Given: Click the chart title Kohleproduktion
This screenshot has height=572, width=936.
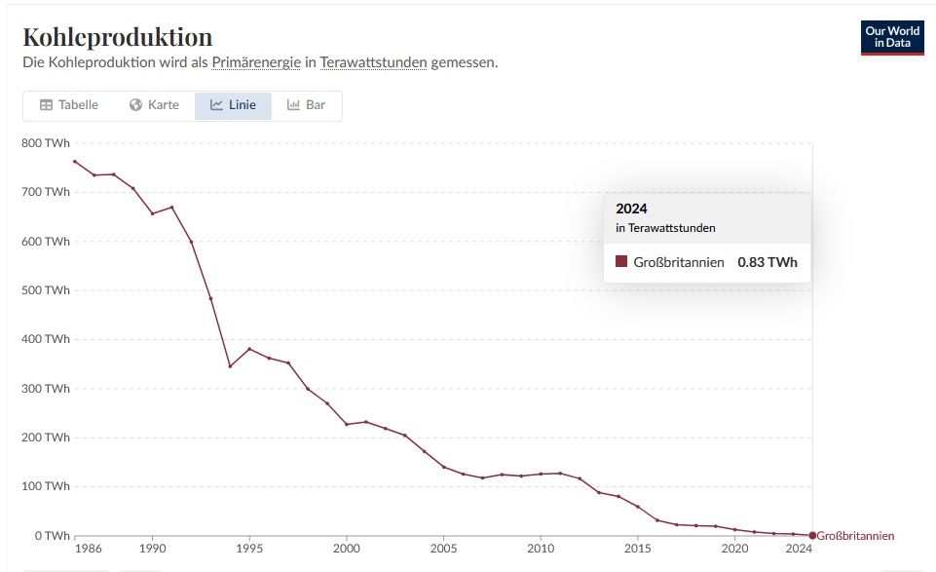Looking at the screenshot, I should [x=117, y=37].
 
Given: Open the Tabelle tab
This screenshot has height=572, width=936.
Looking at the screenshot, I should [x=68, y=105].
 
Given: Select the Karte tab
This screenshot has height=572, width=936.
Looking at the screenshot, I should [x=154, y=105].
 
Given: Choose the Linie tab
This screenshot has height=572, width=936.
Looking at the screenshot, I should [x=233, y=105].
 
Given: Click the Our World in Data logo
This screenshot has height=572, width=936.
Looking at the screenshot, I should [x=892, y=37].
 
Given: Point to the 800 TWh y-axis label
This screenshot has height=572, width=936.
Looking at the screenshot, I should [x=45, y=143].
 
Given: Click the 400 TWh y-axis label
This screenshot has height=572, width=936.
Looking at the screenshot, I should [x=45, y=339].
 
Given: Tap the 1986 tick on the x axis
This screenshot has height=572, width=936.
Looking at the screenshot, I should [x=88, y=550].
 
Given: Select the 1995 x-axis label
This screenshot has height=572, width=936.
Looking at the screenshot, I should [x=249, y=550].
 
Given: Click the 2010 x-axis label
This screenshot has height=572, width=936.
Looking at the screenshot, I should [x=541, y=550].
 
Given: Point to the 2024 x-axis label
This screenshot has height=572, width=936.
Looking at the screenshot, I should [x=799, y=550].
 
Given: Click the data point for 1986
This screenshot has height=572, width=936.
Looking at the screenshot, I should [x=75, y=162].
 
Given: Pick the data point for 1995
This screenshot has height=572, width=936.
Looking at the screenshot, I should [x=249, y=349].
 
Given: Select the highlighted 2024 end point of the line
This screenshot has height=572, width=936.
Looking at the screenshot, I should [x=812, y=535].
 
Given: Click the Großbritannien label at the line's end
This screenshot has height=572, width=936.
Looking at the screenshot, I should [x=855, y=536].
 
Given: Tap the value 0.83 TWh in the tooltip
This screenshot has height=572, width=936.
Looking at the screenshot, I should [x=768, y=262].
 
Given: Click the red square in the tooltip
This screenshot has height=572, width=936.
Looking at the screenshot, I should [x=621, y=262].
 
